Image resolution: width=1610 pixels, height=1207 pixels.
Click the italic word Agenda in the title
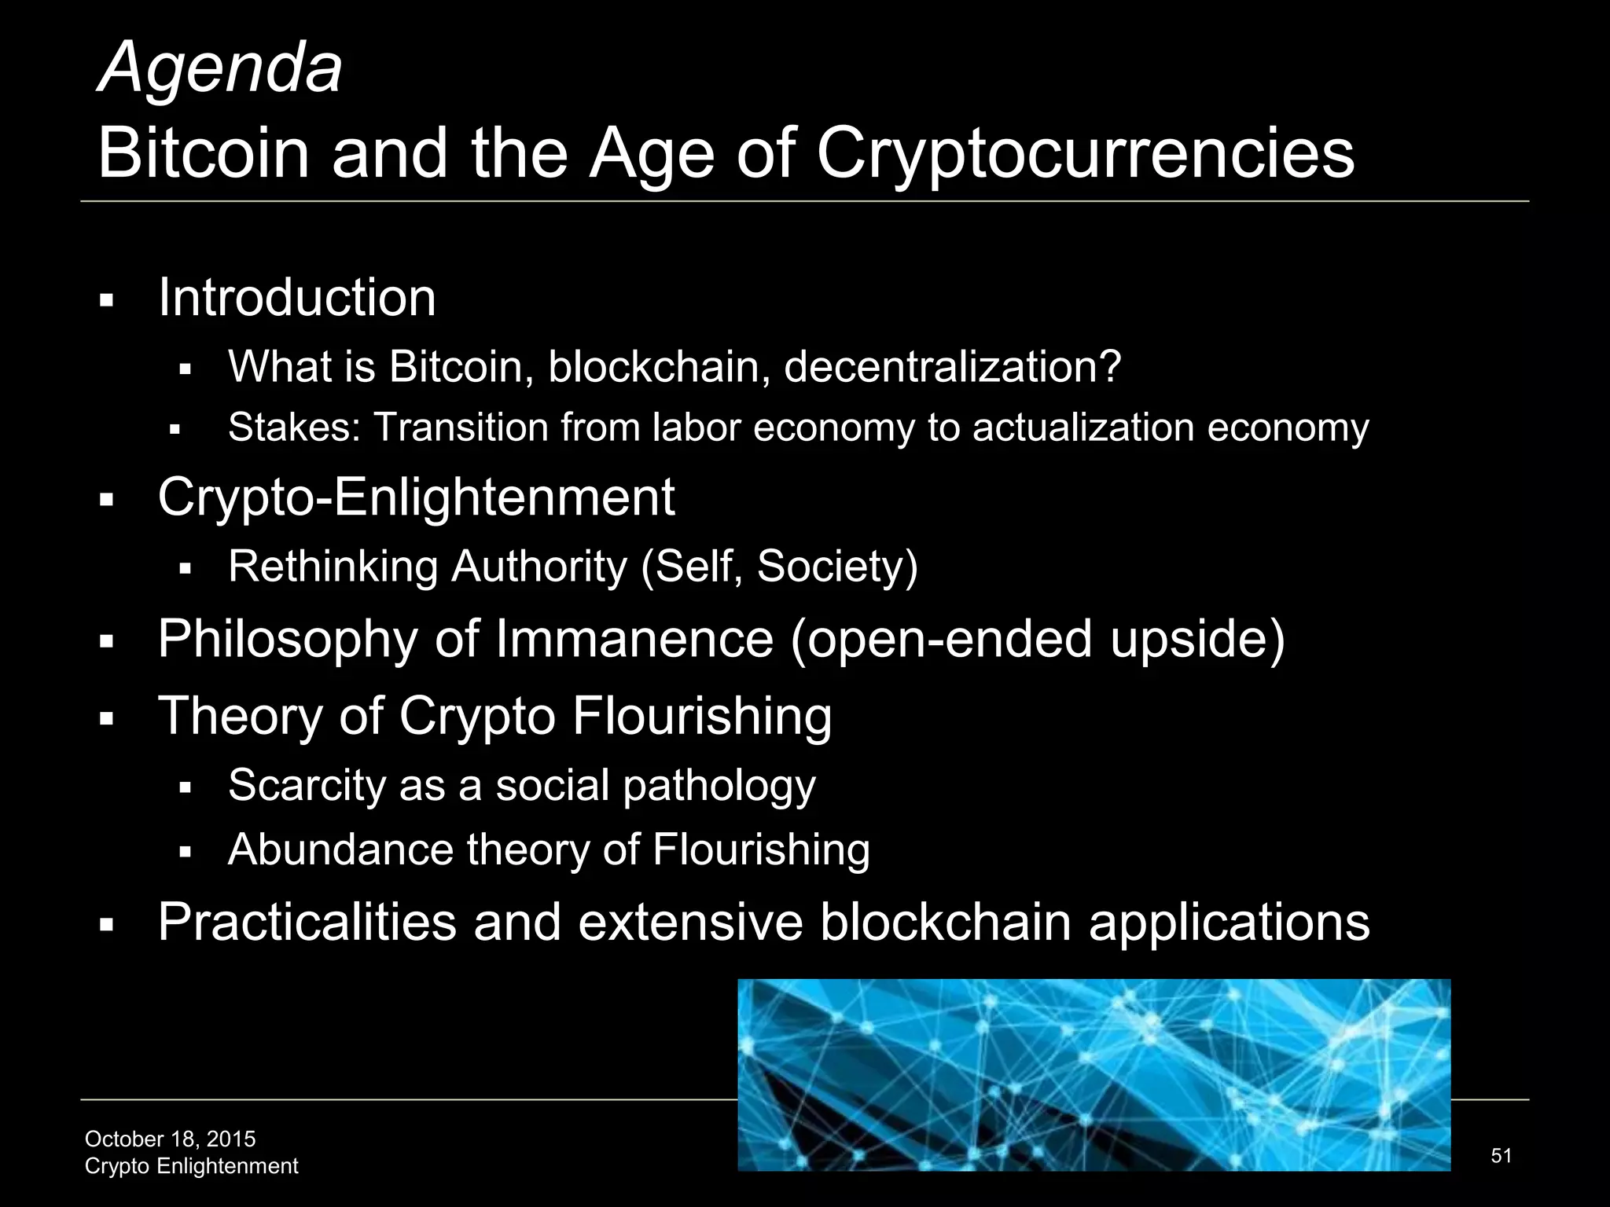(220, 69)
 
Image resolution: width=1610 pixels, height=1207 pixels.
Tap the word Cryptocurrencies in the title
(1086, 153)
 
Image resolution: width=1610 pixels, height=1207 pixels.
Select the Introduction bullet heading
(297, 298)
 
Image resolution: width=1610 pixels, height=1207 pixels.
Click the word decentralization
(952, 367)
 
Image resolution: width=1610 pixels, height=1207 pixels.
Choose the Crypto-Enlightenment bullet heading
(416, 497)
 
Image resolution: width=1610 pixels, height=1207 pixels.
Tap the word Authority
(539, 567)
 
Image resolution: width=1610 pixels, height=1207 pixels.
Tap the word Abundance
(341, 850)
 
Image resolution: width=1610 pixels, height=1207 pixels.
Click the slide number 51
(1501, 1155)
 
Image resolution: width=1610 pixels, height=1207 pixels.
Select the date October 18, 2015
(170, 1139)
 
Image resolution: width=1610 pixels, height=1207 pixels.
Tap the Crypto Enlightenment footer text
(191, 1166)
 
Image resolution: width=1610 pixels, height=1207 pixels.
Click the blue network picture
(1094, 1074)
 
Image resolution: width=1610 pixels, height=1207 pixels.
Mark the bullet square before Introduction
(108, 301)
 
